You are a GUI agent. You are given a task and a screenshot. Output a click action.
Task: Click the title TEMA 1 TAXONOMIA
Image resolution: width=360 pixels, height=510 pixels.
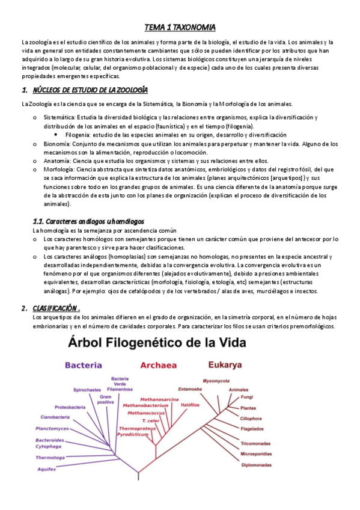(180, 28)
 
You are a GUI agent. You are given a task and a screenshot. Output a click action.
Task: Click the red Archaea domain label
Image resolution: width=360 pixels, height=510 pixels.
(158, 364)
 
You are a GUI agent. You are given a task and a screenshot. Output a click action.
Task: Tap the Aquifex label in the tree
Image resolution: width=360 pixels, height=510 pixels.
(46, 469)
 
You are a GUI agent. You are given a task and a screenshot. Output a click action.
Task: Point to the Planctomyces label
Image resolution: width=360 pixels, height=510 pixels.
(52, 429)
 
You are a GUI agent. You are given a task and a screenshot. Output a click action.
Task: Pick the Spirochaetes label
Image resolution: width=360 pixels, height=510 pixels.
(87, 390)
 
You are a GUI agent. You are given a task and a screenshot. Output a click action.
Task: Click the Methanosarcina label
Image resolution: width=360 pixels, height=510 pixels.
(159, 399)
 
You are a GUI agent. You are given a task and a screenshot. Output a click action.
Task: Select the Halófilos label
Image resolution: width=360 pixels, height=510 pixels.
(190, 405)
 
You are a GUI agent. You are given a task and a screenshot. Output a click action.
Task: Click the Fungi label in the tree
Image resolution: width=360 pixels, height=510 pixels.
(247, 397)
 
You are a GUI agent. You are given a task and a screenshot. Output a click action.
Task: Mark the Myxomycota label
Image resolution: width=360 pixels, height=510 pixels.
(216, 381)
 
